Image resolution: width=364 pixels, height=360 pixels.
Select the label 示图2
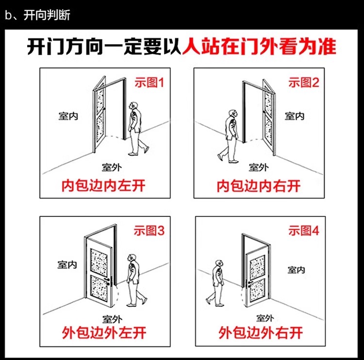pos(304,82)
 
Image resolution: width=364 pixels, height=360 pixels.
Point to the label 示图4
pos(304,231)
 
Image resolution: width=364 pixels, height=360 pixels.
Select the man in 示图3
pos(132,279)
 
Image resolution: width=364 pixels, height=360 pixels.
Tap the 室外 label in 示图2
pos(259,167)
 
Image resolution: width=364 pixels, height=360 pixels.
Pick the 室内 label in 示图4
pos(296,270)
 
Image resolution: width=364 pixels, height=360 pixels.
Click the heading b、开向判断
pos(37,15)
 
